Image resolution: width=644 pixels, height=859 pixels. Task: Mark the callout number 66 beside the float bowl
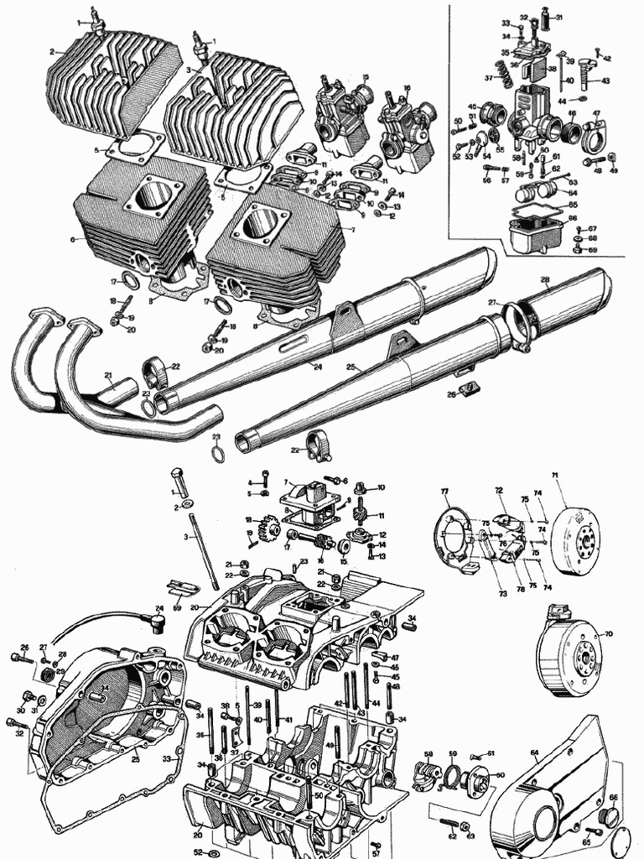573,218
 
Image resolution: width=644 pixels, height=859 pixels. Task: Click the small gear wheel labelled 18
270,530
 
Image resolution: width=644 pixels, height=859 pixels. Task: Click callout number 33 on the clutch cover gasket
166,758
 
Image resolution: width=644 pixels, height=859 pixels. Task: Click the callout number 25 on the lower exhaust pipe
350,367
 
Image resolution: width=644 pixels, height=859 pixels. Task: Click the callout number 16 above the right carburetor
407,87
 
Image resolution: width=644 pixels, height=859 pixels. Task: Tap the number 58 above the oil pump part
428,754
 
